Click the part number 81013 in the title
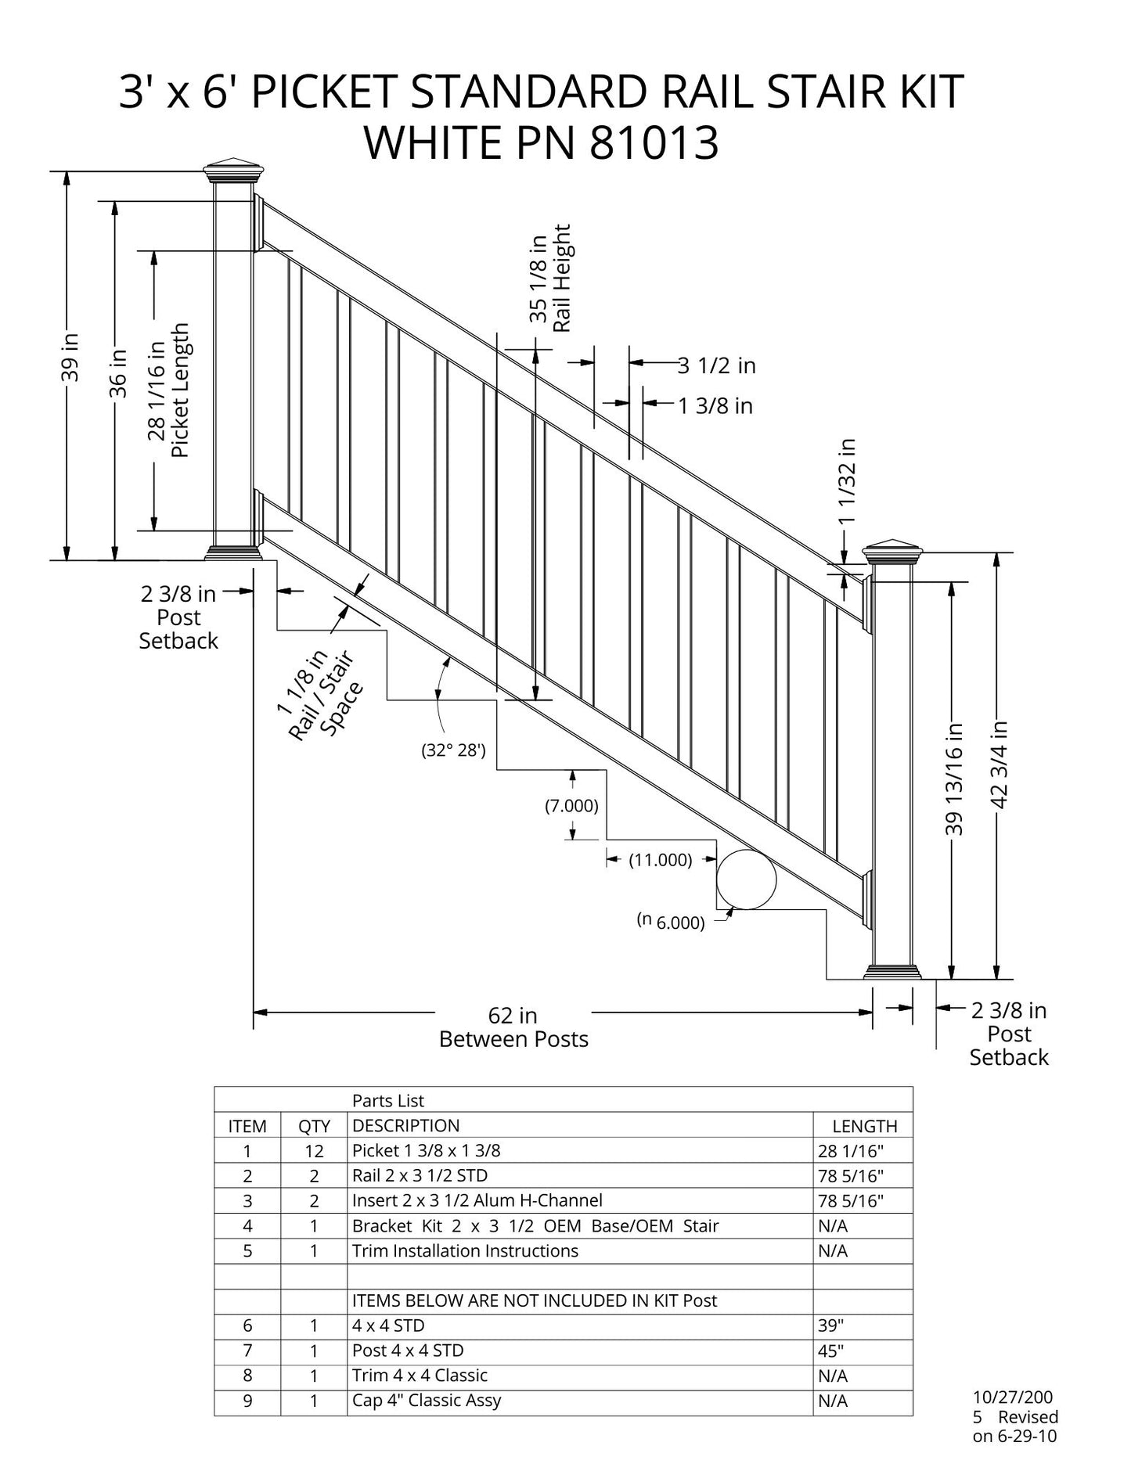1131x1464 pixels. tap(654, 143)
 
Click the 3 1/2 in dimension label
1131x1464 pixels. tap(716, 365)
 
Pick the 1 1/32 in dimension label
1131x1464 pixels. tap(847, 481)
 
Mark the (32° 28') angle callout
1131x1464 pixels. tap(454, 751)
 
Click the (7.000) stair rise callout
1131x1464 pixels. tap(571, 805)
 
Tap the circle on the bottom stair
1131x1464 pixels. tap(746, 879)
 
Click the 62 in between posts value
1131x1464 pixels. tap(513, 1015)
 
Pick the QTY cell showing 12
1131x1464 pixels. tap(314, 1151)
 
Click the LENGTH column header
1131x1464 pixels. tap(864, 1126)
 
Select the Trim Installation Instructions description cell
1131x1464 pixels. tap(465, 1250)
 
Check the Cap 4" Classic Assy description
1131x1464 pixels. tap(427, 1401)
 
